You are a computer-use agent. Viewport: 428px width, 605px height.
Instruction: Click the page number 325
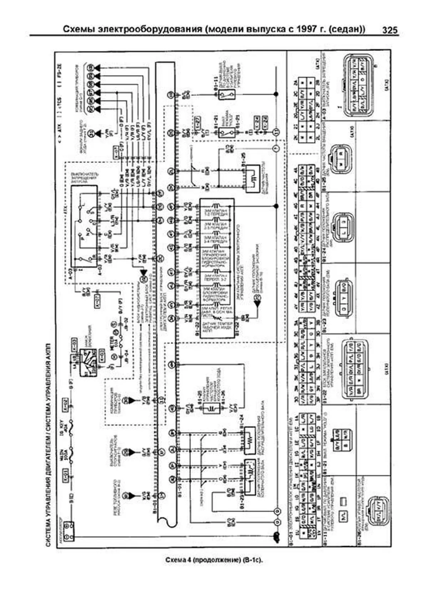pyautogui.click(x=389, y=30)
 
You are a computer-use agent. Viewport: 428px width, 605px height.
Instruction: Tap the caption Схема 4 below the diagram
pyautogui.click(x=180, y=560)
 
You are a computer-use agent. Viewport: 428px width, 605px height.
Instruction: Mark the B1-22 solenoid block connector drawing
pyautogui.click(x=357, y=369)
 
